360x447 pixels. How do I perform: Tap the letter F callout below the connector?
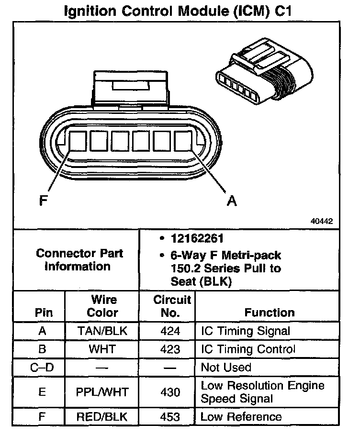[44, 201]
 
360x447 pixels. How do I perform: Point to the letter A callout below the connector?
[232, 201]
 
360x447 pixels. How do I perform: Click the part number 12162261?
[197, 239]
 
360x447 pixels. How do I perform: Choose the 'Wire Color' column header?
[103, 306]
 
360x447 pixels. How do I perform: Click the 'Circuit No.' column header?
[172, 306]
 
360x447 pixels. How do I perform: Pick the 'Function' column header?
[270, 313]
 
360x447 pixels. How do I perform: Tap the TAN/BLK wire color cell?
[102, 331]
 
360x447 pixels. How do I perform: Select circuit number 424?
[171, 331]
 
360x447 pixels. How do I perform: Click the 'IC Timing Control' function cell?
[248, 349]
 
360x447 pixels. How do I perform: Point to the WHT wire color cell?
[102, 349]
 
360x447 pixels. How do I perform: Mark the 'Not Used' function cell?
[226, 368]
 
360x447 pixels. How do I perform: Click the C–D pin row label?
[41, 368]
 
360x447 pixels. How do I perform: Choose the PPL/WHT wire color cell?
[102, 392]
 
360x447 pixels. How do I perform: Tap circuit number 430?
[171, 392]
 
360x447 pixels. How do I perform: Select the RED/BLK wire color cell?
[102, 417]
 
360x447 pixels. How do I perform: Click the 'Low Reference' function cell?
[241, 417]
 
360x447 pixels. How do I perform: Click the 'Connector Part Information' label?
[79, 260]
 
